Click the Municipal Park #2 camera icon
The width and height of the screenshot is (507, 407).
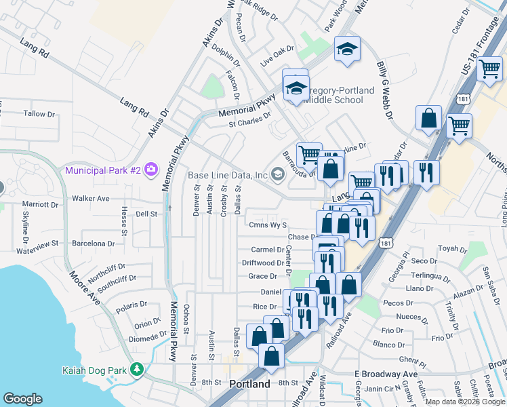click(x=150, y=168)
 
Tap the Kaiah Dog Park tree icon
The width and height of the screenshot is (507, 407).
click(x=138, y=370)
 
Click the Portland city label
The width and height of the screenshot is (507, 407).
click(x=250, y=384)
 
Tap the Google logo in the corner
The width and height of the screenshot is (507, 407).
click(x=23, y=399)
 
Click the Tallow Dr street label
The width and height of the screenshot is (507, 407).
click(x=39, y=113)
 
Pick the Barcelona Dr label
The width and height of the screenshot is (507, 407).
click(x=94, y=243)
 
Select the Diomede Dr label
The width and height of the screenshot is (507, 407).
click(x=148, y=336)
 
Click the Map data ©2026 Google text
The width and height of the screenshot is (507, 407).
click(x=465, y=402)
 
